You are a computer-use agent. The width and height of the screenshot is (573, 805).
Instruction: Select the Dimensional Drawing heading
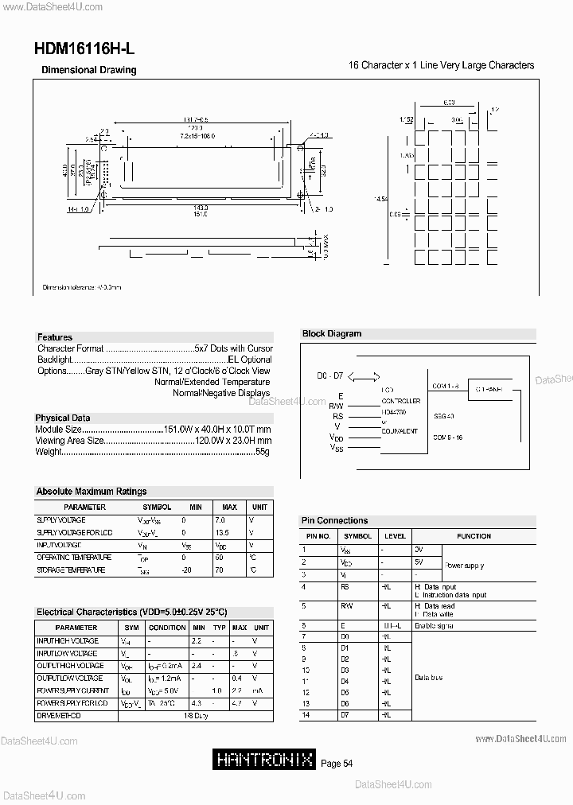point(89,70)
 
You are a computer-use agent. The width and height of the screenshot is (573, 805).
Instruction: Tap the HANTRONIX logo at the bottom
point(265,760)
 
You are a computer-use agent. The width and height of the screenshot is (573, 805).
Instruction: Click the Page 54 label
point(337,764)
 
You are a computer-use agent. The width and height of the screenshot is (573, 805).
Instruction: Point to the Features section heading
point(55,337)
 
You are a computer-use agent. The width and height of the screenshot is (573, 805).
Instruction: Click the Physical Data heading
point(63,418)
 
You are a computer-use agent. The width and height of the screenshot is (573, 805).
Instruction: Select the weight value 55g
point(263,452)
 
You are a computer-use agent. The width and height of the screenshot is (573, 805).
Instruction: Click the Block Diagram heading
point(332,334)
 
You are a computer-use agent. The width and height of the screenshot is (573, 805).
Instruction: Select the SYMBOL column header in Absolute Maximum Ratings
point(157,507)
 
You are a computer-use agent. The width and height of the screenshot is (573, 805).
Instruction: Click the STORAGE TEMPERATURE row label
point(71,570)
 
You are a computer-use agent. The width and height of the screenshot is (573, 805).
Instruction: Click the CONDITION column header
point(167,628)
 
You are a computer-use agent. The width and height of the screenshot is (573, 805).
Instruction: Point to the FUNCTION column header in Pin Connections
point(474,536)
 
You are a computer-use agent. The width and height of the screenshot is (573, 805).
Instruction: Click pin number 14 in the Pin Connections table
point(305,715)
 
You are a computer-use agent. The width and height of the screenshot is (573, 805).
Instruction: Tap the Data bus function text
point(429,678)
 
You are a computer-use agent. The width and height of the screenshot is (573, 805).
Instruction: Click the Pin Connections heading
point(335,520)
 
